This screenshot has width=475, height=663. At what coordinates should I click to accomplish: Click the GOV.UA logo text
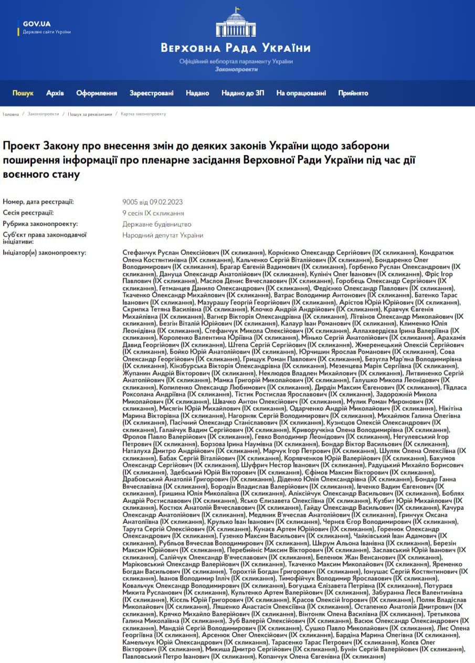[36, 24]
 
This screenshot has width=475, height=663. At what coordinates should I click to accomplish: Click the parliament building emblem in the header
[236, 24]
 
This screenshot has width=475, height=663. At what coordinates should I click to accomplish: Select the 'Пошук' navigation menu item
[23, 93]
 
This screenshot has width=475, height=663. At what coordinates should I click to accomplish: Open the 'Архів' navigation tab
[55, 93]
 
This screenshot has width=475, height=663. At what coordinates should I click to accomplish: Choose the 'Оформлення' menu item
[97, 93]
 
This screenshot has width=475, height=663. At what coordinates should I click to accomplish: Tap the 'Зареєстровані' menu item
[152, 93]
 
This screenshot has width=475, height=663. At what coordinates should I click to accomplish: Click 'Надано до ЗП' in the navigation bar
[242, 93]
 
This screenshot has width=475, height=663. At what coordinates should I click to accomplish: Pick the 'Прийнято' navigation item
[353, 93]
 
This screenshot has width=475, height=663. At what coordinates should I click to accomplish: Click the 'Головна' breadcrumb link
[10, 114]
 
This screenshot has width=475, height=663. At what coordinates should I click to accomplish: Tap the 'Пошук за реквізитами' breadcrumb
[90, 114]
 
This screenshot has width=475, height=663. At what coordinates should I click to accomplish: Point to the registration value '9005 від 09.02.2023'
[152, 202]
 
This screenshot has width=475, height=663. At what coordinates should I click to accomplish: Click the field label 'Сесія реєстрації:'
[28, 213]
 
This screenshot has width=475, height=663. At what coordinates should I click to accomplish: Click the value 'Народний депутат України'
[163, 235]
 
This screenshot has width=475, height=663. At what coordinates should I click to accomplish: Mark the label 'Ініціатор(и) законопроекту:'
[44, 252]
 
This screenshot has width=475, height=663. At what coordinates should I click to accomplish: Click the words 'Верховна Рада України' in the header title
[236, 48]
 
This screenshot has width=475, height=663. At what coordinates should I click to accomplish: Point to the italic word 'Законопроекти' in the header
[236, 69]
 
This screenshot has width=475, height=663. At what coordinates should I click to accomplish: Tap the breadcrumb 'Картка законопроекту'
[143, 114]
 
